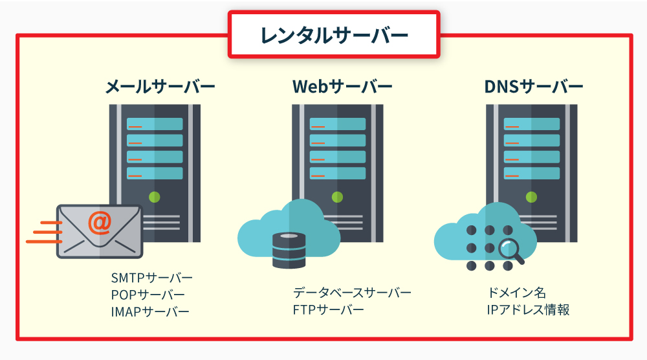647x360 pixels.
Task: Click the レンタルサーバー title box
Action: [x=334, y=35]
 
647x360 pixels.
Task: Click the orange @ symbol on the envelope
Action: [x=100, y=222]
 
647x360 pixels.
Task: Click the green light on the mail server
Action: [x=155, y=197]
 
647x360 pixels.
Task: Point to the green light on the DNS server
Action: [x=531, y=197]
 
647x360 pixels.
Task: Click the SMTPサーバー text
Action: [x=151, y=278]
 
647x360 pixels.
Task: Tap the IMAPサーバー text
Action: [x=149, y=311]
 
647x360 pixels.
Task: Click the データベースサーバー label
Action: [x=351, y=293]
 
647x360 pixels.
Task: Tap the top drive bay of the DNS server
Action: [x=531, y=124]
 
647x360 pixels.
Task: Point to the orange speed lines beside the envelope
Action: [x=42, y=232]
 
